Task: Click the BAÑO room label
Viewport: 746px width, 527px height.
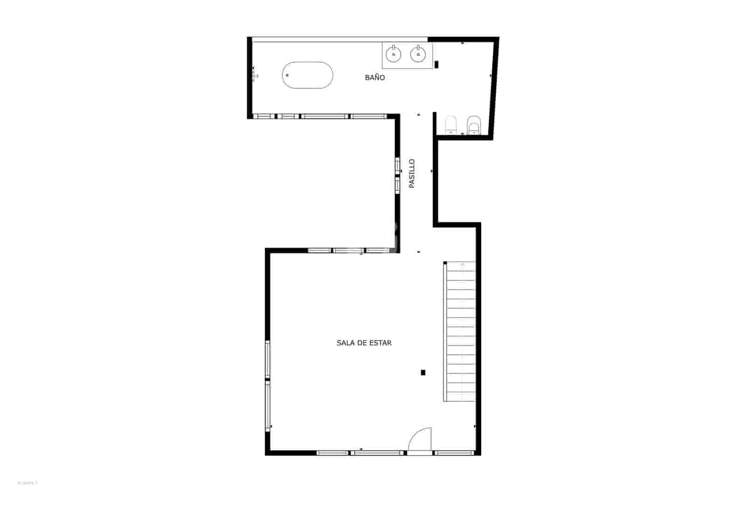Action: coord(375,78)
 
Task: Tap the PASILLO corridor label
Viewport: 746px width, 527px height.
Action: coord(412,174)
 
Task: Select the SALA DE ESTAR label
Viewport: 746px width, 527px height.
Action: coord(364,343)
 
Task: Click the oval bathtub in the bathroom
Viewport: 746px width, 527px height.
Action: coord(307,75)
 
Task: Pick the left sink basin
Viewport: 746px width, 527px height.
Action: coord(394,55)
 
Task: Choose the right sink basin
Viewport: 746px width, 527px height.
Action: coord(418,55)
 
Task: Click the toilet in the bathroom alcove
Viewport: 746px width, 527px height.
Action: coord(451,124)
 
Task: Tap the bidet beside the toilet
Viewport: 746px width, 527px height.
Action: coord(473,124)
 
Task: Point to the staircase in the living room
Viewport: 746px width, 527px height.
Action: coord(460,331)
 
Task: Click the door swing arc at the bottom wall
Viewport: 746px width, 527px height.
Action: coord(420,440)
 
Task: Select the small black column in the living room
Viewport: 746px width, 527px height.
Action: coord(423,372)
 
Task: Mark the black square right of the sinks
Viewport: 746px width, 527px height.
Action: coord(436,64)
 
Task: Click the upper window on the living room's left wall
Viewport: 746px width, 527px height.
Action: coord(268,359)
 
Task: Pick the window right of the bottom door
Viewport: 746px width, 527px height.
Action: coord(453,452)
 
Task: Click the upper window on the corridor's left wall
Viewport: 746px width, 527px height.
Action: coord(397,165)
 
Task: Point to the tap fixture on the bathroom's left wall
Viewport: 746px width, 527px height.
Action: coord(254,76)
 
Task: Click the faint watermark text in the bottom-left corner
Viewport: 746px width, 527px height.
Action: coord(27,483)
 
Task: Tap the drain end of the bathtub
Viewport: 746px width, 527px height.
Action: coord(288,75)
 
